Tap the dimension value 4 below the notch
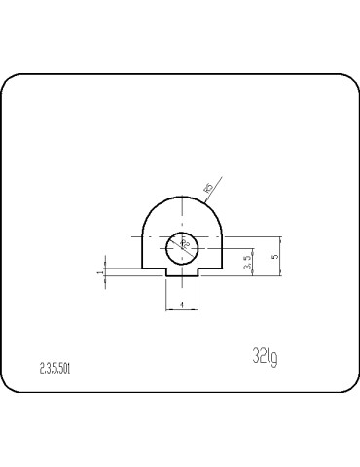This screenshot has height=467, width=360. [183, 304]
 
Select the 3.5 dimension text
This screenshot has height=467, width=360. [248, 262]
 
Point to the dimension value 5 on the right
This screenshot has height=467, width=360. [275, 255]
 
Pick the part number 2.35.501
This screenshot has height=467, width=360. [54, 369]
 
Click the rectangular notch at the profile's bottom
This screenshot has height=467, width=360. [182, 273]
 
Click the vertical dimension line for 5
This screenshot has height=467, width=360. [281, 255]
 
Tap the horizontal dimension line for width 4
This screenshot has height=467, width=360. [182, 309]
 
